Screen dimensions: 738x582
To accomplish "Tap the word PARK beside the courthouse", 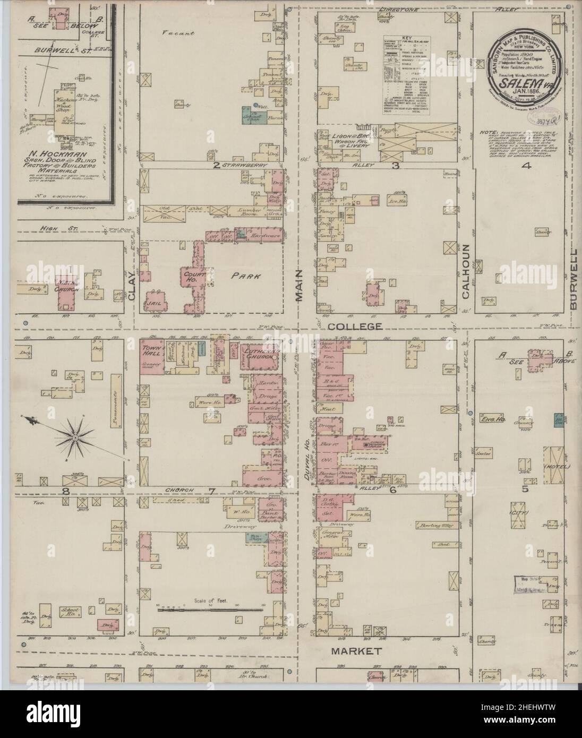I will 241,276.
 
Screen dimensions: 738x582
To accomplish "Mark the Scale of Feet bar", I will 210,610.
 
